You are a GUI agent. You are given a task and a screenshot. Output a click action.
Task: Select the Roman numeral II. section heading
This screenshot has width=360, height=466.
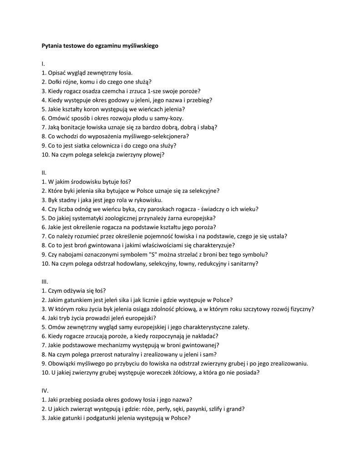pos(44,172)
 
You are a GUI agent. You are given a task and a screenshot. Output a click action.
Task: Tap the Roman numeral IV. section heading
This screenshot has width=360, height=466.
pos(45,390)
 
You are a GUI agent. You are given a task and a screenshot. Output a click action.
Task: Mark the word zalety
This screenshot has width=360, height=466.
pos(238,327)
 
